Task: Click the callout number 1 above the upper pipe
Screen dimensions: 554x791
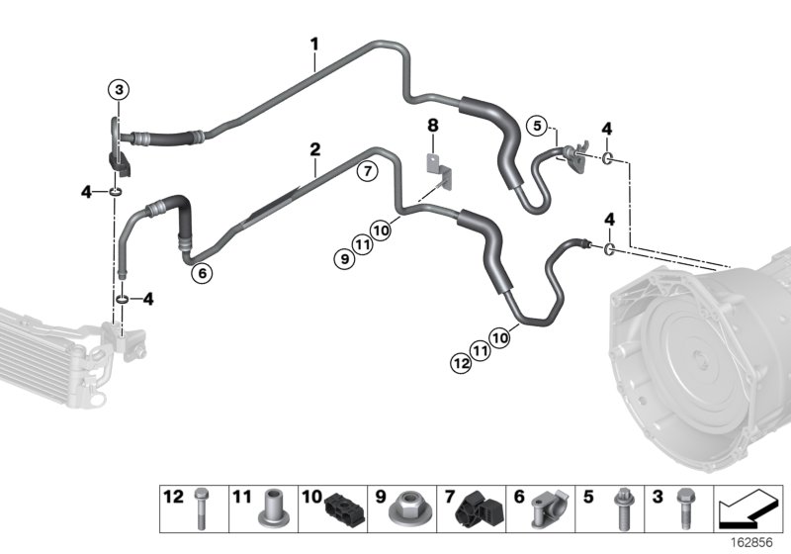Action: (x=314, y=44)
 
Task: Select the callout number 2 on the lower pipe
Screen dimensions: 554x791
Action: (x=314, y=150)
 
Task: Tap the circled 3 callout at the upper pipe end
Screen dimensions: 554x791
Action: (x=118, y=91)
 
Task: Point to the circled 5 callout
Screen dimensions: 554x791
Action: (x=536, y=126)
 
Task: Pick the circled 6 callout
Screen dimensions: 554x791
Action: (x=202, y=274)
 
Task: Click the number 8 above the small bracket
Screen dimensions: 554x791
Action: (x=431, y=126)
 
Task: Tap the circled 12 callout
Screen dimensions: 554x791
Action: (x=460, y=364)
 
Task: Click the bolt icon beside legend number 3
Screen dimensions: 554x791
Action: (x=681, y=505)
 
